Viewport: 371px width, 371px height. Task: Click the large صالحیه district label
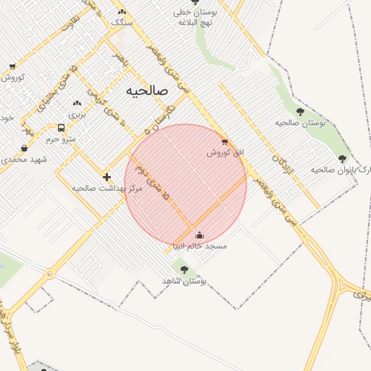(x=146, y=91)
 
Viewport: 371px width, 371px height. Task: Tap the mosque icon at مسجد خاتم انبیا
(x=200, y=235)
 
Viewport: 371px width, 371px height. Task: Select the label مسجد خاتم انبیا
(x=200, y=246)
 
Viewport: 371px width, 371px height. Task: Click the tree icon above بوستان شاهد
(x=184, y=270)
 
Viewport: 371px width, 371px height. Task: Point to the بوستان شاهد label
(x=191, y=280)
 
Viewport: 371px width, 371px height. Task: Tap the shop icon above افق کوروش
(x=225, y=141)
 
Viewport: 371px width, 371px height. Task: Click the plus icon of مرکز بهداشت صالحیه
(x=107, y=177)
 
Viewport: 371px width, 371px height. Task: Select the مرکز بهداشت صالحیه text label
(x=107, y=188)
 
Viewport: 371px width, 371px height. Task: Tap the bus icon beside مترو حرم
(x=59, y=128)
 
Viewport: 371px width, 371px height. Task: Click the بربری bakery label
(x=77, y=114)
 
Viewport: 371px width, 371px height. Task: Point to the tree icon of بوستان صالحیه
(x=300, y=112)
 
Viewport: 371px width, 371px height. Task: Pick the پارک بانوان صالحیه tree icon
(x=342, y=158)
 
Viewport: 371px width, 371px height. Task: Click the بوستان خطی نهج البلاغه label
(x=192, y=17)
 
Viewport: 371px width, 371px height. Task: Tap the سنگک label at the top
(x=121, y=22)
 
